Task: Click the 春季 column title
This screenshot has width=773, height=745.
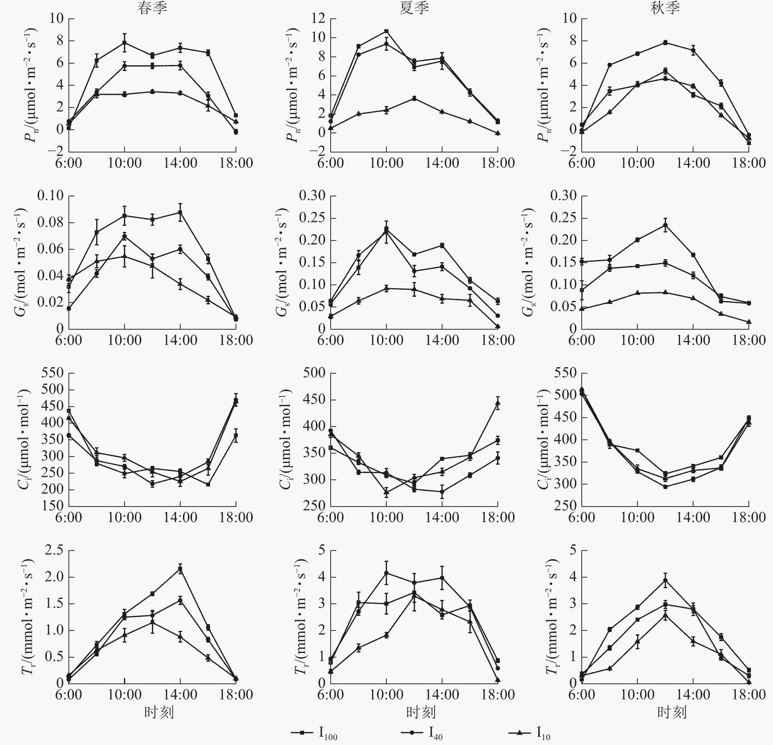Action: point(152,8)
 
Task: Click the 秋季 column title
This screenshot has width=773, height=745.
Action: point(665,8)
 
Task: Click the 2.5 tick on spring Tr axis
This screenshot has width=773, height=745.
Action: point(54,550)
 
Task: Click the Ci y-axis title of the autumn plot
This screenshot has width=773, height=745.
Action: point(544,439)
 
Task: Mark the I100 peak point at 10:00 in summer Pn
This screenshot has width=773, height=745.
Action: point(386,31)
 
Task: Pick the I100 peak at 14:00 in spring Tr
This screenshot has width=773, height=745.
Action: point(180,569)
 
